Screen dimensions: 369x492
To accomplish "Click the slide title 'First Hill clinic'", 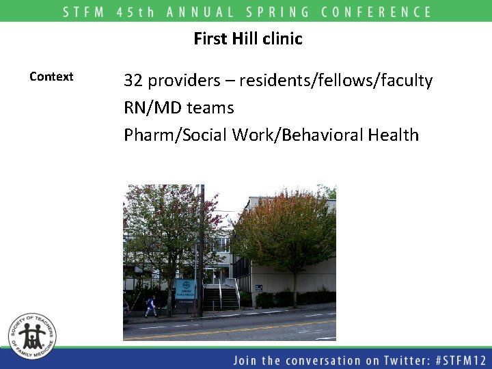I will coord(247,39).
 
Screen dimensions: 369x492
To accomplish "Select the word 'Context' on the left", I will coord(51,77).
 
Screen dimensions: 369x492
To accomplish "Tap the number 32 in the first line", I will coord(133,81).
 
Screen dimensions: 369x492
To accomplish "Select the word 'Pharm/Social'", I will coord(176,135).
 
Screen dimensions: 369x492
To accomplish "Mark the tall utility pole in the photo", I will coord(201,249).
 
